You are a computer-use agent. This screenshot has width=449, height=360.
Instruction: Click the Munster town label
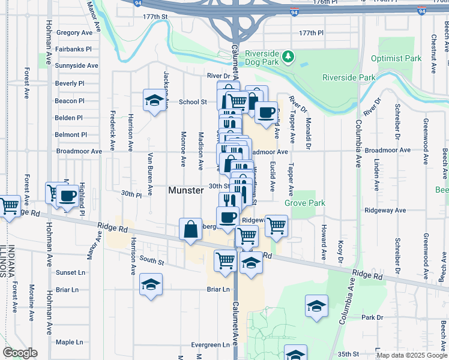point(186,190)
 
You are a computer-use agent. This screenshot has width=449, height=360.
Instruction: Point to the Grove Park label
point(305,203)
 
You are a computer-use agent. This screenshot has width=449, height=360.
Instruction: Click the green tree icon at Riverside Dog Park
point(289,56)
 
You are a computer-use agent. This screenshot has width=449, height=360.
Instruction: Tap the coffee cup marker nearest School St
point(265,112)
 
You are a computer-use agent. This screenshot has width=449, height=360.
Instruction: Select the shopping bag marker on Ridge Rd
point(190,229)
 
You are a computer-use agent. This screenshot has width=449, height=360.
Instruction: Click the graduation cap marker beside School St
point(154,100)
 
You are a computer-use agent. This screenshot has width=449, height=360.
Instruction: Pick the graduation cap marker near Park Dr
point(316,306)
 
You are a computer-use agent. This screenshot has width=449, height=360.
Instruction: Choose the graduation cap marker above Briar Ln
point(151,284)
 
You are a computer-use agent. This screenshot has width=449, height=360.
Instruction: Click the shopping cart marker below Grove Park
point(276,226)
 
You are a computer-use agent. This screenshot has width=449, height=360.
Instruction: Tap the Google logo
point(19,353)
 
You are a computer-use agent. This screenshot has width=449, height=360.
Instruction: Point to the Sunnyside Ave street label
point(76,65)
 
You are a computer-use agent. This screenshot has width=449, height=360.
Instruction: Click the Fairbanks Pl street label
point(73,49)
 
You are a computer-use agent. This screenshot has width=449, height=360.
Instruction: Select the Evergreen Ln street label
point(210,345)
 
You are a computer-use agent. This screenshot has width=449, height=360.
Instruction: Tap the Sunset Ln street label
point(71,272)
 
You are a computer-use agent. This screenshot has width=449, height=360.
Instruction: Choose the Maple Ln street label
point(69,342)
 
